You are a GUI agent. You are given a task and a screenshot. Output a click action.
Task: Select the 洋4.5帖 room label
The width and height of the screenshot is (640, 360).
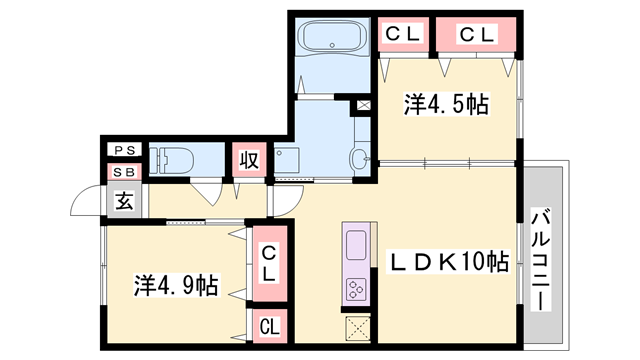tap(446, 104)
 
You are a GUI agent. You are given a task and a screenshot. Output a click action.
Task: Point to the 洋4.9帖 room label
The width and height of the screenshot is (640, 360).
tap(178, 285)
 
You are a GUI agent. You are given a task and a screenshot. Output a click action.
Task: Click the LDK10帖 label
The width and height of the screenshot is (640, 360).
tap(448, 262)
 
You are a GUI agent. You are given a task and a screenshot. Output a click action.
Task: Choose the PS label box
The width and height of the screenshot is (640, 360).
tap(126, 150)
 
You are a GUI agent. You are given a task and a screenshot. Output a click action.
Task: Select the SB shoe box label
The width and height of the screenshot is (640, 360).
tap(126, 172)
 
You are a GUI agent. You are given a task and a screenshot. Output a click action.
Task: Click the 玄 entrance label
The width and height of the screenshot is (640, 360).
tap(124, 201)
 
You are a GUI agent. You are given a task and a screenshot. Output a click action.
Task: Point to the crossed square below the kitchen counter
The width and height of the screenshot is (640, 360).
tap(358, 327)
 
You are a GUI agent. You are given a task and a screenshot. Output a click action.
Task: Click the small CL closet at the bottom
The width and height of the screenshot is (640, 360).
tap(269, 325)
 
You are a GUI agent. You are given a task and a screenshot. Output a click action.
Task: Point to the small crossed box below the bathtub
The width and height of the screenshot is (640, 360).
tap(362, 103)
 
